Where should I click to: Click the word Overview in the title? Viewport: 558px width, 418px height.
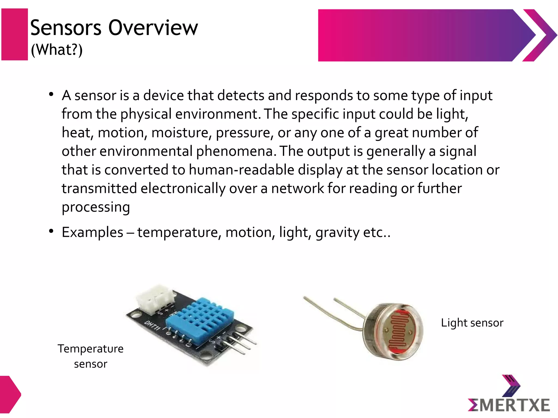tap(153, 28)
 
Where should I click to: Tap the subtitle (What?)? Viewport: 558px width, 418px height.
tap(57, 50)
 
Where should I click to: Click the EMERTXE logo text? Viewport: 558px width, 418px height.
tap(509, 405)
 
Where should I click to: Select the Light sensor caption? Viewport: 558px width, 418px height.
tap(472, 323)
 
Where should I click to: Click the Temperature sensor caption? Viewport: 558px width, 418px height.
tap(90, 356)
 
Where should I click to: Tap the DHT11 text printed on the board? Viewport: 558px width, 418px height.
tap(152, 325)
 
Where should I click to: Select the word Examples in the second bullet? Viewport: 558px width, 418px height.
tap(92, 232)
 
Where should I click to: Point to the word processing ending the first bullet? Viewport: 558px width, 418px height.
tap(96, 207)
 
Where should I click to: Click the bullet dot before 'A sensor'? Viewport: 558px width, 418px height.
tap(51, 94)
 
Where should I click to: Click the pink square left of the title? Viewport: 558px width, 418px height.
tap(15, 34)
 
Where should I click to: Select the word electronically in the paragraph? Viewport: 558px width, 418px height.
tap(183, 188)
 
